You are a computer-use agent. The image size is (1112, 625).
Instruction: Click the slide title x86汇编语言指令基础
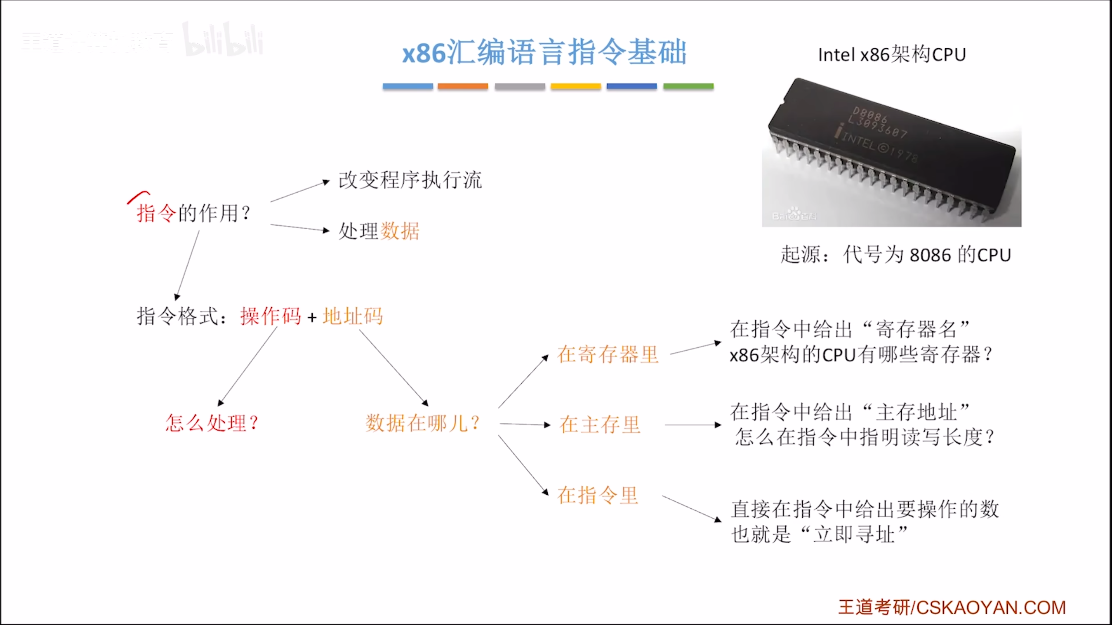(x=544, y=53)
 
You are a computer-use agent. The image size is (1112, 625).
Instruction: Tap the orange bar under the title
(x=463, y=86)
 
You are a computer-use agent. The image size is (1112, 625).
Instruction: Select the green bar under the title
(x=688, y=86)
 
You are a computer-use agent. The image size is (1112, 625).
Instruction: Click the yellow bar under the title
(x=576, y=86)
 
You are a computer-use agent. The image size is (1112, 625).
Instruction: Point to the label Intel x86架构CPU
(x=892, y=55)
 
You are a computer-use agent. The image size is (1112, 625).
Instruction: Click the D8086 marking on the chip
(x=870, y=115)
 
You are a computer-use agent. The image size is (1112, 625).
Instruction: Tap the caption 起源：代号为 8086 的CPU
(x=896, y=255)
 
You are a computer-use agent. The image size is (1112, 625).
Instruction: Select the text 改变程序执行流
(x=410, y=180)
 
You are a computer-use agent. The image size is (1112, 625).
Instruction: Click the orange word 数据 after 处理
(x=400, y=231)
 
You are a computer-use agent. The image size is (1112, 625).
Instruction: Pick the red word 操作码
(x=270, y=316)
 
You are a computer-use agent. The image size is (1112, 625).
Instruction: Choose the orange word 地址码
(x=353, y=316)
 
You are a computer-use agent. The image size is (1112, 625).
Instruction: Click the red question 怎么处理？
(x=212, y=423)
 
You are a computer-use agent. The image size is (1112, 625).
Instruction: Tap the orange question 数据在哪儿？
(x=422, y=423)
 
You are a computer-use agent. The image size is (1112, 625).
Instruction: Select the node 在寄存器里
(x=608, y=354)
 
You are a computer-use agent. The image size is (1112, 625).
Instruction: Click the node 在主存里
(x=600, y=424)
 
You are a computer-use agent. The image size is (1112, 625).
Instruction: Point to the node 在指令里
(x=598, y=495)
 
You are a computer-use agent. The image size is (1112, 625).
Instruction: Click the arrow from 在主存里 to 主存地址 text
(x=693, y=425)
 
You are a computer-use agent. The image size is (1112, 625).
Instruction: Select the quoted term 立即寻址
(x=854, y=534)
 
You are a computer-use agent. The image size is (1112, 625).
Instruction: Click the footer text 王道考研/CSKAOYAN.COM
(x=952, y=607)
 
